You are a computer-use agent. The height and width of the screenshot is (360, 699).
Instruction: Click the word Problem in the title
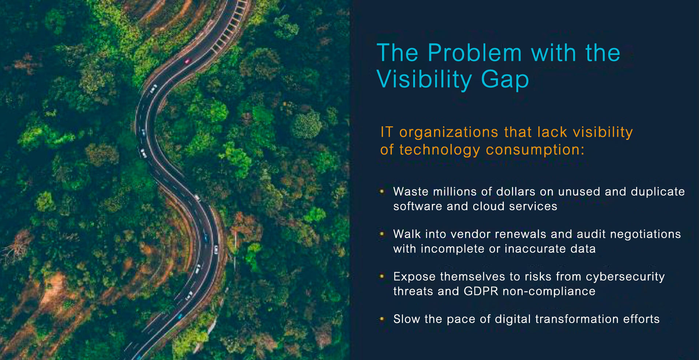[x=475, y=53]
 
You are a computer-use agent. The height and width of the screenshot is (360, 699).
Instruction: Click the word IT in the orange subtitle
[x=386, y=132]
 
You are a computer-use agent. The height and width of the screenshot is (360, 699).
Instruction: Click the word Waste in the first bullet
[x=411, y=192]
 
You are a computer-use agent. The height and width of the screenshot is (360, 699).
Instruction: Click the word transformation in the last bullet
[x=577, y=319]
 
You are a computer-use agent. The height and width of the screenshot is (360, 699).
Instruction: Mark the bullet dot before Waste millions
[x=382, y=191]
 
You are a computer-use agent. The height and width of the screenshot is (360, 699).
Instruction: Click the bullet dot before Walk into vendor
[x=382, y=234]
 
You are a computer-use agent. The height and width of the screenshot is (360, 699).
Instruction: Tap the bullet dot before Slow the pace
[x=382, y=319]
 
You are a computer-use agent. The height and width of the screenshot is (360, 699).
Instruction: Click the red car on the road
[x=187, y=61]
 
